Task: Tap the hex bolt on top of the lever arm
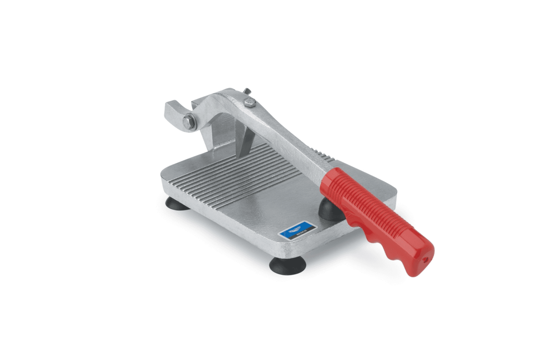[x=249, y=103]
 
